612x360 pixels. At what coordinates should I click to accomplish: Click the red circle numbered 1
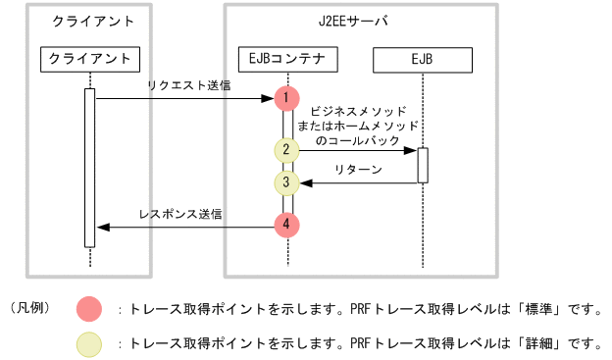coord(285,98)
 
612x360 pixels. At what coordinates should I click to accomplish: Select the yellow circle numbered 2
coord(285,150)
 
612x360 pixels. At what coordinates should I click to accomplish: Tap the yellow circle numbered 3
coord(285,182)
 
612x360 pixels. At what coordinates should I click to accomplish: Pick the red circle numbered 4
coord(285,225)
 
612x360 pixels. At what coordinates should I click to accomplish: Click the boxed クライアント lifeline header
coord(89,59)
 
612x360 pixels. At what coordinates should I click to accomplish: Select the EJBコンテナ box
coord(287,59)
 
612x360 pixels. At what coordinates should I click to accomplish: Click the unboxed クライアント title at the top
coord(89,21)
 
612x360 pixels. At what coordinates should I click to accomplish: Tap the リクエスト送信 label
coord(189,86)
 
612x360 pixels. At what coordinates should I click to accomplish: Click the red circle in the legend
coord(89,310)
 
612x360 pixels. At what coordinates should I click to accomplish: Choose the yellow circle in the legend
coord(89,343)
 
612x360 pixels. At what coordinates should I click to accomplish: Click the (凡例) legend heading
coord(29,309)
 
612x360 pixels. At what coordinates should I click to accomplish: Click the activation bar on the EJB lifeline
coord(423,165)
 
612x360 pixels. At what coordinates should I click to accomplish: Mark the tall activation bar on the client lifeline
coord(89,168)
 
